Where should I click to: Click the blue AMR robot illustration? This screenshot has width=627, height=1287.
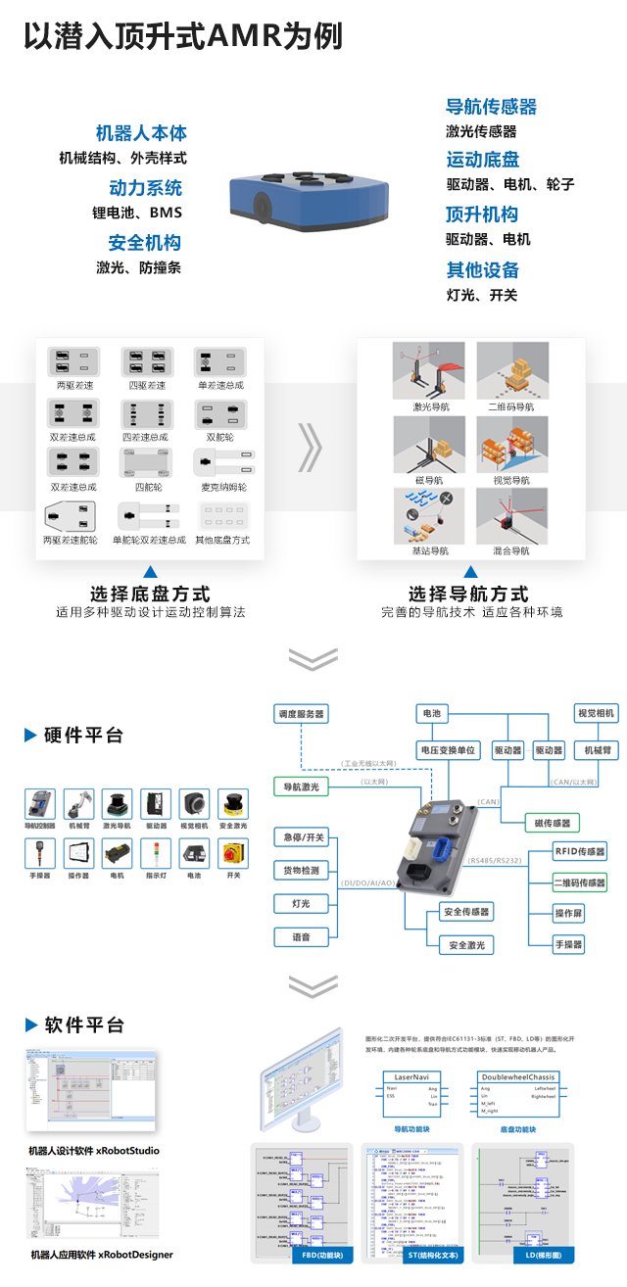pos(308,204)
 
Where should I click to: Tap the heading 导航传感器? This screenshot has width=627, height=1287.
pos(491,108)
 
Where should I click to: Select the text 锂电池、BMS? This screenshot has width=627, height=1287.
pos(137,213)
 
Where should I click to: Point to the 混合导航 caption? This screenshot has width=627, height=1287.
pos(510,551)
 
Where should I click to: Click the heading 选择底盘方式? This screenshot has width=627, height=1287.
pos(150,594)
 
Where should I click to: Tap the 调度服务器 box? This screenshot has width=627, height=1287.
pos(300,714)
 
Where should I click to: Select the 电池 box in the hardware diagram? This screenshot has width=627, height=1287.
pos(429,714)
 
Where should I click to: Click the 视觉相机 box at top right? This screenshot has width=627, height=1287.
pos(595,714)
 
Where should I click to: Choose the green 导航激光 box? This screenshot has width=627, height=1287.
pos(301,786)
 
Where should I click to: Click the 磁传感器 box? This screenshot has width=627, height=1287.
pos(553,823)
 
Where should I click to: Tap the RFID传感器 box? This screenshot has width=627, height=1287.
pos(580,851)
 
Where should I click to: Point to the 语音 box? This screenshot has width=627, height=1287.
pos(301,937)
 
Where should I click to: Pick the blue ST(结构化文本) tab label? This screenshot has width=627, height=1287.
pos(411,1255)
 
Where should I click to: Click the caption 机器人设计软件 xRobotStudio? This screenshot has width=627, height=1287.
pos(94,1150)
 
